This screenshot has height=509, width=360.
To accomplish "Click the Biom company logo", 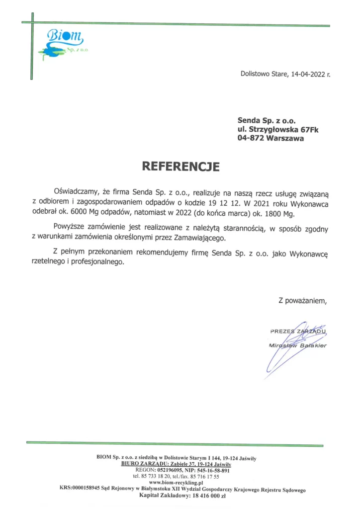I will click(x=62, y=43).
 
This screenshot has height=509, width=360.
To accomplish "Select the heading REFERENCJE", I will click(x=180, y=166).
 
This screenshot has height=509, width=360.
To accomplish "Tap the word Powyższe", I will click(x=71, y=228).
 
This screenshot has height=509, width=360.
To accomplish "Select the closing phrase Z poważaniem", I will click(x=303, y=300).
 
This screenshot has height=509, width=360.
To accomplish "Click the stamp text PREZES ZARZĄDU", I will click(x=298, y=331).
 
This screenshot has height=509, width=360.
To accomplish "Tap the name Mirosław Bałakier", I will click(x=297, y=345).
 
